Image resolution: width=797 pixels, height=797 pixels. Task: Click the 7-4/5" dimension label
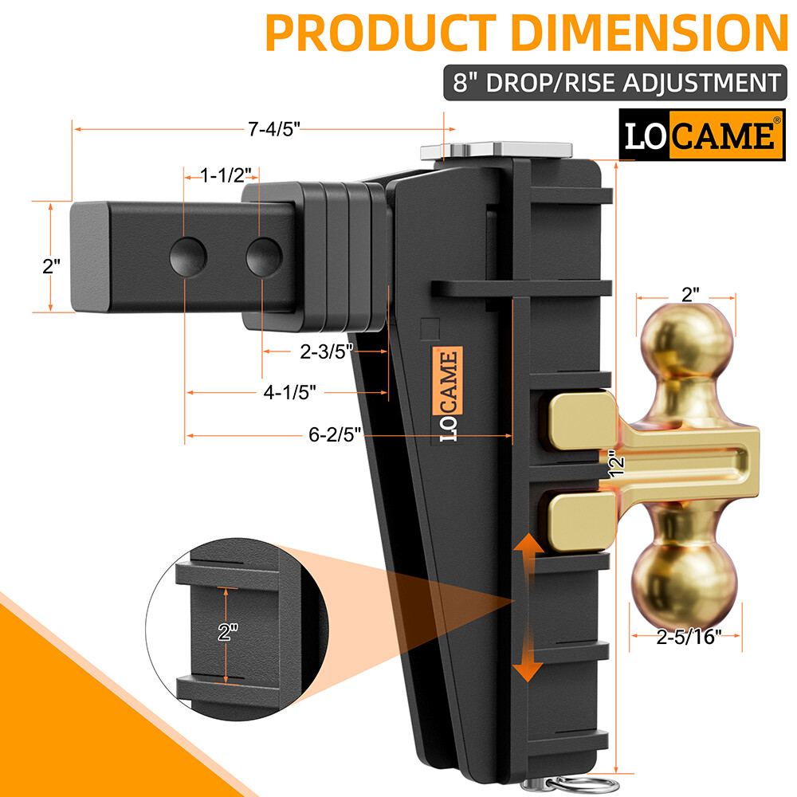point(274,129)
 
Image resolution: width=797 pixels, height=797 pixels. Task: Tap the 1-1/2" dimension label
point(226,175)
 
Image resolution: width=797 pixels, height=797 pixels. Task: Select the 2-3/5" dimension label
point(326,351)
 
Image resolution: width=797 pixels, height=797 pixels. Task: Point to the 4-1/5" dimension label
point(289,392)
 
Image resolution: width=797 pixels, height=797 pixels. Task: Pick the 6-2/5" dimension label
point(335,434)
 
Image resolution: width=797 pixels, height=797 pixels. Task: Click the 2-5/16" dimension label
point(689,636)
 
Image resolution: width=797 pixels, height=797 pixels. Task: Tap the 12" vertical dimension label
point(616,464)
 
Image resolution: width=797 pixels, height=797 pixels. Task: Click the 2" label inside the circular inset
point(228,632)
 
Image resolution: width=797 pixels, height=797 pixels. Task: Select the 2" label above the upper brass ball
point(690,294)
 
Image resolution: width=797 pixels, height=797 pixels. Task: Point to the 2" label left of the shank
point(51,266)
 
